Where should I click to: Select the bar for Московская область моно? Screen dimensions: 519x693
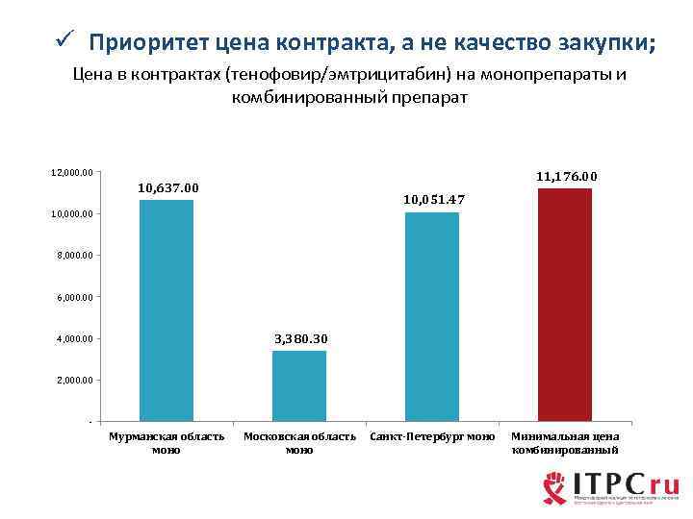pyautogui.click(x=299, y=385)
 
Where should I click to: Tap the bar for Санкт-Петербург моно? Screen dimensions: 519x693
pyautogui.click(x=432, y=316)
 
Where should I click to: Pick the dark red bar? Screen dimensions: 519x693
pyautogui.click(x=565, y=304)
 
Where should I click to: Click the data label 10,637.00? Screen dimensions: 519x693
pyautogui.click(x=168, y=186)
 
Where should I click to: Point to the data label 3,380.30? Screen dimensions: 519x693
pyautogui.click(x=301, y=338)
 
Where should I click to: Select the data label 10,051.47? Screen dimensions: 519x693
pyautogui.click(x=434, y=199)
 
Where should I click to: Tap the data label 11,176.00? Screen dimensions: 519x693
pyautogui.click(x=567, y=176)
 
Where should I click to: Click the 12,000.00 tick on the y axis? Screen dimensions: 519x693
pyautogui.click(x=72, y=172)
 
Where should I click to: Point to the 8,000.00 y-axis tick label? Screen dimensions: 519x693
pyautogui.click(x=72, y=256)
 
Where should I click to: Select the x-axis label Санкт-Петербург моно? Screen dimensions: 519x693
pyautogui.click(x=432, y=437)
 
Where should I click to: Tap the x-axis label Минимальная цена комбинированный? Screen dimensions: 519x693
pyautogui.click(x=565, y=443)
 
